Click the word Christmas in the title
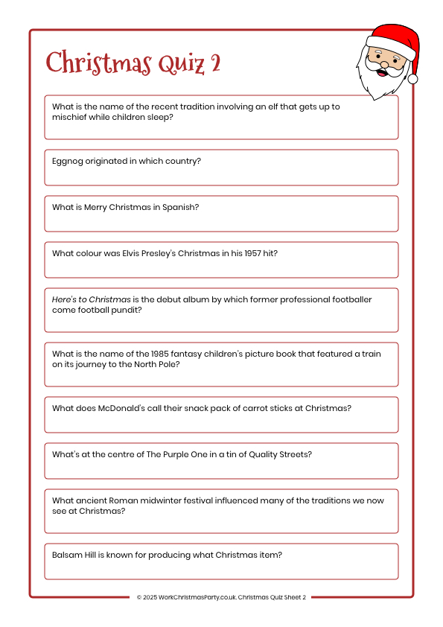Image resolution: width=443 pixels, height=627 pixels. click(x=98, y=63)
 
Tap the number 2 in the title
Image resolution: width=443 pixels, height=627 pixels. click(x=215, y=63)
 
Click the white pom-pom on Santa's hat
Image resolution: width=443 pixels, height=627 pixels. click(x=412, y=78)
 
